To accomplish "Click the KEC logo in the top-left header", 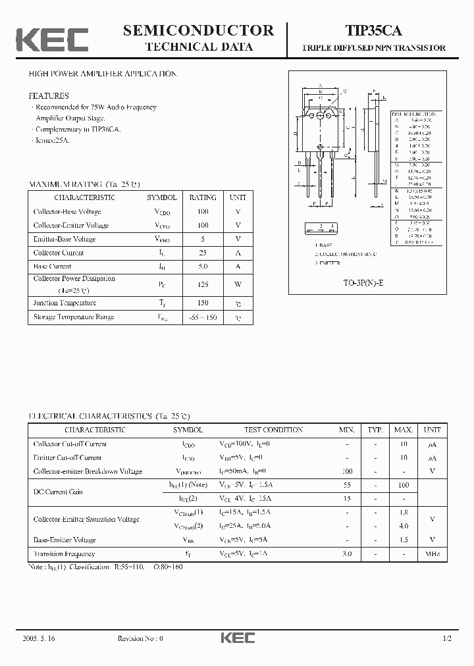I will click(52, 39).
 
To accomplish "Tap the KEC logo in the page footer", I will click(237, 638).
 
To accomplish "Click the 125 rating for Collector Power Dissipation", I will click(203, 284).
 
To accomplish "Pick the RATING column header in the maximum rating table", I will click(203, 197).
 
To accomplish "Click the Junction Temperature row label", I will click(65, 303).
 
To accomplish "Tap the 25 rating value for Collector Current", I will click(203, 253).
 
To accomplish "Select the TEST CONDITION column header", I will click(273, 430).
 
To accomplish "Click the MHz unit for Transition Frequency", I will click(432, 554).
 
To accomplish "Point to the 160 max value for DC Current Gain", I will click(404, 485).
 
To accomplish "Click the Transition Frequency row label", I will click(64, 554).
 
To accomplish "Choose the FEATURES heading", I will click(48, 95).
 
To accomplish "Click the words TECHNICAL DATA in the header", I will click(198, 47).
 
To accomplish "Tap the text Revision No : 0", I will click(140, 638).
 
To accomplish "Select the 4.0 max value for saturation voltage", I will click(404, 526).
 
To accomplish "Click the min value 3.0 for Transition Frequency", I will click(346, 554).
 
